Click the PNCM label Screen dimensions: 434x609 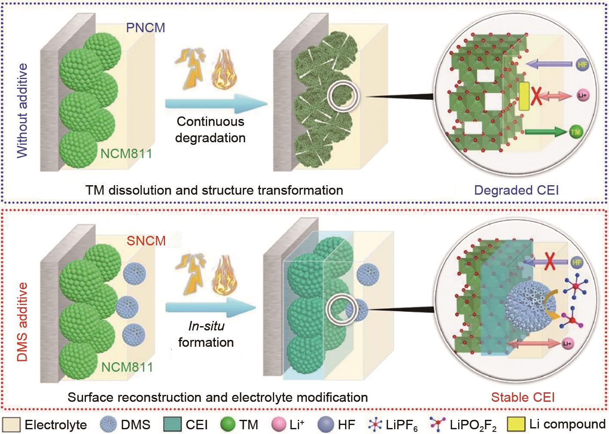146,28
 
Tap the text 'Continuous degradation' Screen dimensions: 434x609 210,129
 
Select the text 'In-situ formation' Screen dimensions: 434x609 206,334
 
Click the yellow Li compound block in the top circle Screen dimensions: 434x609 523,97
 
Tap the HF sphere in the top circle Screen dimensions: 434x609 581,64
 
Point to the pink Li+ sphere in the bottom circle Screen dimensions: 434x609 567,343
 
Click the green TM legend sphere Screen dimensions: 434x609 228,425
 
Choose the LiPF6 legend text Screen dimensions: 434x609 401,426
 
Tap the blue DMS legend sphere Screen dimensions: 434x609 108,425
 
